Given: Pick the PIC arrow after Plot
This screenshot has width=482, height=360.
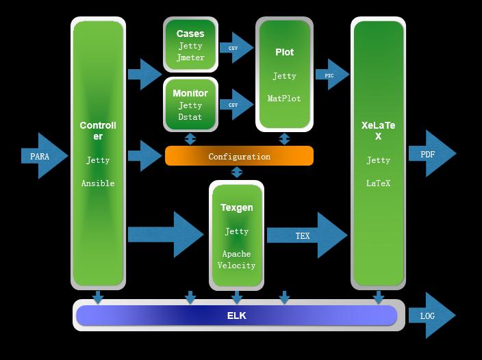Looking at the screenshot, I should coord(332,75).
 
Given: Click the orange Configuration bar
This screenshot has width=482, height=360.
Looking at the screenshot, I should coord(239,156).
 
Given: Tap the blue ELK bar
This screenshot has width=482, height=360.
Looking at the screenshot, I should coord(236,316).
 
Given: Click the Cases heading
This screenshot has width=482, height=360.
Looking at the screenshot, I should coord(190,34).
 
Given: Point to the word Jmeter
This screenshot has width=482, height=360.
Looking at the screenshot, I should coord(190,57).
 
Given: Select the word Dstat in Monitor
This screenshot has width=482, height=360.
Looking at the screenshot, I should coord(190,117).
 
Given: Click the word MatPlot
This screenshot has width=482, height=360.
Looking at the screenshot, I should coord(284,99).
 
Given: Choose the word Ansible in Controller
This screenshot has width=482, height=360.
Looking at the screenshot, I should coord(98,183).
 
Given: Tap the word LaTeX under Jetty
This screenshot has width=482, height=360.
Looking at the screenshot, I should coord(378,183).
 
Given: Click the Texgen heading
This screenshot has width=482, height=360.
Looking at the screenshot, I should coord(236,207).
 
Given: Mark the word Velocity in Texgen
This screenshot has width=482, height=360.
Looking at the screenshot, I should coord(236,266).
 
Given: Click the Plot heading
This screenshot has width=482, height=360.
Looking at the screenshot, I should coord(284,52).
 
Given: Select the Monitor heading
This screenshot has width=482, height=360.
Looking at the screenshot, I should coord(190,93).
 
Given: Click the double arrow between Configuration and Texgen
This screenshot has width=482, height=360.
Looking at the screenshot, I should coord(237,172).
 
